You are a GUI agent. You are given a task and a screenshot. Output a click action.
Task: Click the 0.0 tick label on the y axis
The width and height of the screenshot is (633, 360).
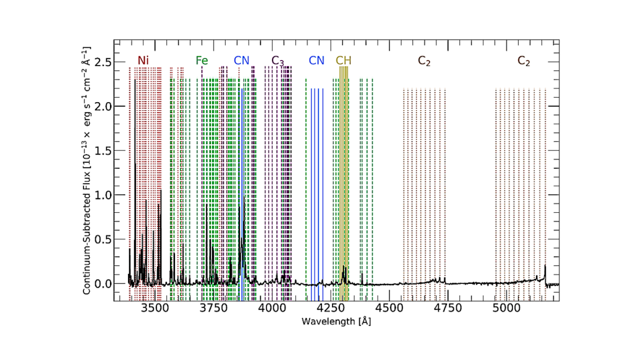coord(103,284)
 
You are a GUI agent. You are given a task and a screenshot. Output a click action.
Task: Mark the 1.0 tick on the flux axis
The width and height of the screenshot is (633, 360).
coord(103,195)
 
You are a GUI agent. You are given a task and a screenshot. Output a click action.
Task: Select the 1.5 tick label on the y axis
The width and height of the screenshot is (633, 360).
coord(103,150)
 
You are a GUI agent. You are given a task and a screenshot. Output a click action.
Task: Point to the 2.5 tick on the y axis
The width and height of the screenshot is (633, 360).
coord(103,62)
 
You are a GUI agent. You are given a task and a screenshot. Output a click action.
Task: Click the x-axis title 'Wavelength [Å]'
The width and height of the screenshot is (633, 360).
coord(336,322)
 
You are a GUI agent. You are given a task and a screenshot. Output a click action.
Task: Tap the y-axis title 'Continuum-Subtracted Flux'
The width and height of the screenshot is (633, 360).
coord(88,170)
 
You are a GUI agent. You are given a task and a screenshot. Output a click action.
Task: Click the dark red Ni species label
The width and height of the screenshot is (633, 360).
coord(143,61)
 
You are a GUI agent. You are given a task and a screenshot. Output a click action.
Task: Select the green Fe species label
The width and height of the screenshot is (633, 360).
coord(202,61)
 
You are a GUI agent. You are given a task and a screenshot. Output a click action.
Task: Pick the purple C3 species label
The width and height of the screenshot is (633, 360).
coord(278,61)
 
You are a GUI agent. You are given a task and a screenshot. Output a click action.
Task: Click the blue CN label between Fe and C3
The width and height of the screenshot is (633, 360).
coord(242,61)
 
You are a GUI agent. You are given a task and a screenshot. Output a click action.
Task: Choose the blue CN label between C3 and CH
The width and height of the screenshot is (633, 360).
coord(316,61)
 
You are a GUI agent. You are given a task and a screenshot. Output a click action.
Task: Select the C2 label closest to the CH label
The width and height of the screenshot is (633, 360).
coord(424,61)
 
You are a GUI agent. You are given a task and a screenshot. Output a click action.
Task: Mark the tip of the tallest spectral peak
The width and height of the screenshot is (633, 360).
coord(135,79)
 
